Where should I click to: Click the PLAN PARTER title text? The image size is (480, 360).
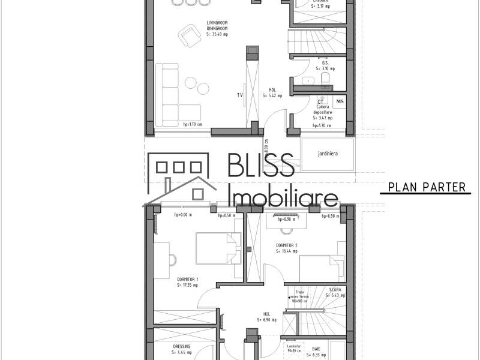[427, 187]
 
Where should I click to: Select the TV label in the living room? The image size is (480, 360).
[240, 95]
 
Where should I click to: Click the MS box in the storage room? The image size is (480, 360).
[340, 102]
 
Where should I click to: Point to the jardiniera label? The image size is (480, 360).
[328, 154]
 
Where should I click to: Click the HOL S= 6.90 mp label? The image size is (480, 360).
[266, 316]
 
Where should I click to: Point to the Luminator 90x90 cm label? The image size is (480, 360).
[293, 348]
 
